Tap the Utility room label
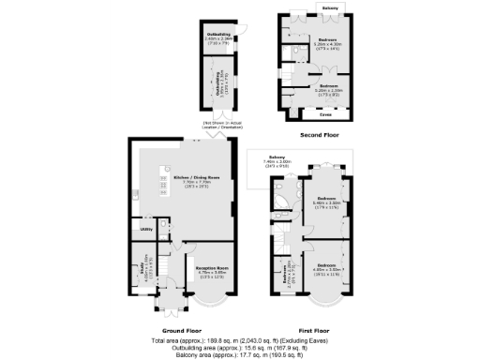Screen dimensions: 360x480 coord(146,228)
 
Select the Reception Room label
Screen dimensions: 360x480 coord(212,267)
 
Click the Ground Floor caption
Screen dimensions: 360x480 coord(182,331)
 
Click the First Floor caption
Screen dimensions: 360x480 coord(315,331)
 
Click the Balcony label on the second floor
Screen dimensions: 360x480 coord(329,8)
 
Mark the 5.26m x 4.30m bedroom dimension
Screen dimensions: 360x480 coord(328,44)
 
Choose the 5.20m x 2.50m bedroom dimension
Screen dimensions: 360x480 coord(327,90)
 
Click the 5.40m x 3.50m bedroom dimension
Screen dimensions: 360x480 coord(327,203)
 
